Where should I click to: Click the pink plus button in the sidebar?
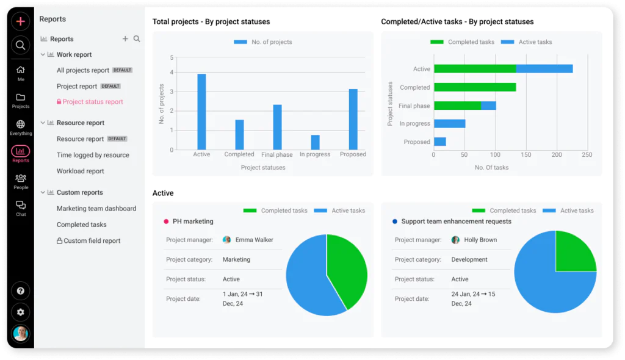coord(21,21)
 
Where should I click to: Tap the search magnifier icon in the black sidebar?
coord(21,45)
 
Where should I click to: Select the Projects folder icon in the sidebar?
coord(21,98)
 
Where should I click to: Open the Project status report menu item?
coord(93,102)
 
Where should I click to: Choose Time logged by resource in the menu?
coord(93,155)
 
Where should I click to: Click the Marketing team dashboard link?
coord(96,209)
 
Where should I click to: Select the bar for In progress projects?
coord(315,142)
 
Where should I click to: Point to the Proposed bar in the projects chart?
coord(353,119)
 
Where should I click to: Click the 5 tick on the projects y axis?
coord(172,58)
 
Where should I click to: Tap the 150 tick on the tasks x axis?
coord(526,155)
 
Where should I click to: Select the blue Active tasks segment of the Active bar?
coord(544,69)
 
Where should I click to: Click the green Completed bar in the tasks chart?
coord(475,87)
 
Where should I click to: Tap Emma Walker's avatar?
coord(227,240)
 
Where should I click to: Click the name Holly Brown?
coord(480,240)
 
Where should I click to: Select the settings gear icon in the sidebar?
coord(21,312)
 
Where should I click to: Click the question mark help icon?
coord(21,291)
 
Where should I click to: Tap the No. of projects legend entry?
coord(262,42)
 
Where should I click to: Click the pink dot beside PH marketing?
coord(166,221)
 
